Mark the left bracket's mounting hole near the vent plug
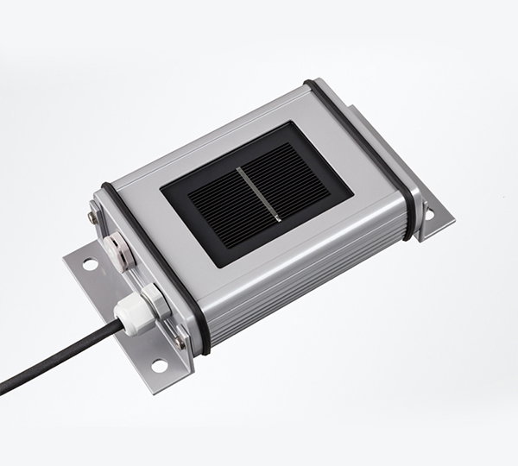89,265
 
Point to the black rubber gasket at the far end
363,138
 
